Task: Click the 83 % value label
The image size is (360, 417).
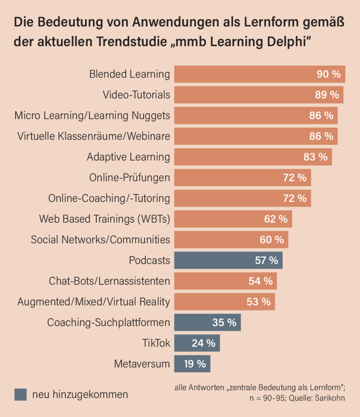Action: pos(316,157)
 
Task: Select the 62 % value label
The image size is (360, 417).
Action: pos(276,219)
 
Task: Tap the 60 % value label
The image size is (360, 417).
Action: pos(272,240)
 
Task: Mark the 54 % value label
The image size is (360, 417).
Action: pos(260,281)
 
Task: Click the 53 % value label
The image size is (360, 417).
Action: pos(259,301)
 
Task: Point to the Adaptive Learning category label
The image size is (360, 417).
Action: pos(128,157)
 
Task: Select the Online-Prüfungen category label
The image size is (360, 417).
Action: pos(130,178)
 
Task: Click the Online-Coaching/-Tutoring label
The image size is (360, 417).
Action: pos(109,198)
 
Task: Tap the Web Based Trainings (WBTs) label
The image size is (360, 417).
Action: pos(105,219)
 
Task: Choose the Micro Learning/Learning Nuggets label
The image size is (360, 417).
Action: pos(92,116)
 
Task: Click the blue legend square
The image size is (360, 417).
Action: pos(20,394)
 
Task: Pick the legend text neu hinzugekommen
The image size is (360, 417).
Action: pos(80,394)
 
